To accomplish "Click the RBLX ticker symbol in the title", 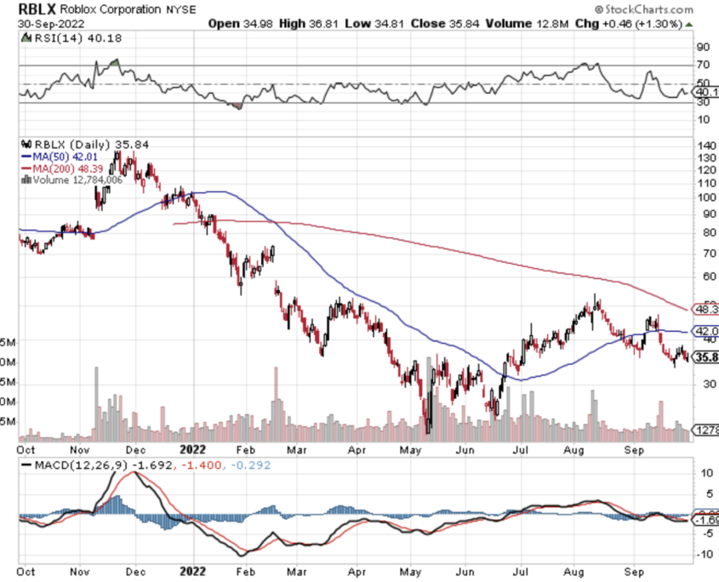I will pos(37,9).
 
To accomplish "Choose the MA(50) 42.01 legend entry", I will pos(64,156).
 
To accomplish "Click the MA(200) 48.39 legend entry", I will pos(67,167).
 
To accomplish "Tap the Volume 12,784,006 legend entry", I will pos(76,179).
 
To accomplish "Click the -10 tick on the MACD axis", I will pos(705,554).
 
